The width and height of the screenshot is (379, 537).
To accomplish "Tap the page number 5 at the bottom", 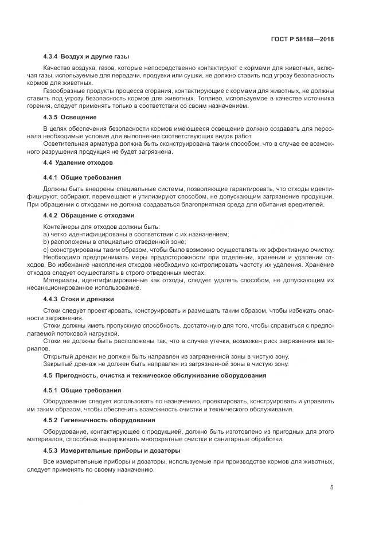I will coord(332,488).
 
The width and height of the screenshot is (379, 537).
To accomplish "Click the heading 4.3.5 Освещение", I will coord(70,117).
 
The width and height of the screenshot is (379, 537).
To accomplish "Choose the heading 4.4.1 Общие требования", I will coord(82,177).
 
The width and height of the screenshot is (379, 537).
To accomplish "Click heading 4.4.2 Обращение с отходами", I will coord(89,215).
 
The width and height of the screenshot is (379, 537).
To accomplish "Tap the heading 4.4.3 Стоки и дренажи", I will coord(79,299).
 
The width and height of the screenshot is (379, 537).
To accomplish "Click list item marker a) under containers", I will coord(46,234).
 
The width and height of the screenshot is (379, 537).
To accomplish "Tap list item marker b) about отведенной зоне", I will coord(46,242).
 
